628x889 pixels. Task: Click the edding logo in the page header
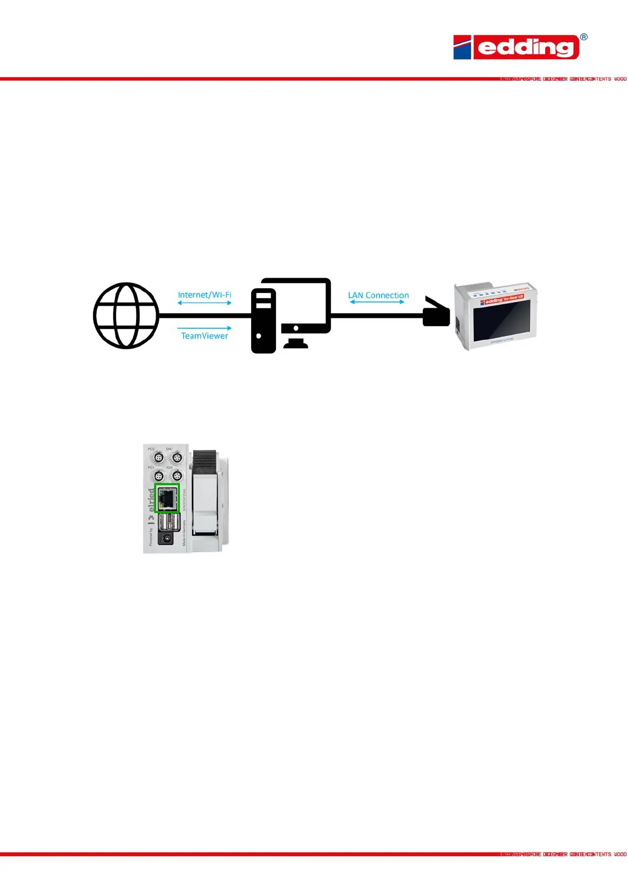pyautogui.click(x=516, y=47)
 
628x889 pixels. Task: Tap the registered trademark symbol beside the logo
pyautogui.click(x=584, y=37)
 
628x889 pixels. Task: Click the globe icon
pyautogui.click(x=126, y=316)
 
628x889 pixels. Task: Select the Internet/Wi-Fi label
pyautogui.click(x=204, y=295)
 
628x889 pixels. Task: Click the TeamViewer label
pyautogui.click(x=204, y=336)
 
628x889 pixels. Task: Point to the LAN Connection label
pyautogui.click(x=378, y=295)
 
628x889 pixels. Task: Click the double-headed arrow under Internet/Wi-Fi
pyautogui.click(x=204, y=303)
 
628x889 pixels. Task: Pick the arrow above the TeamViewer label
pyautogui.click(x=204, y=328)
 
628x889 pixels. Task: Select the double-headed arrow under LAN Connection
pyautogui.click(x=377, y=302)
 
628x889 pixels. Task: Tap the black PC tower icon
pyautogui.click(x=263, y=321)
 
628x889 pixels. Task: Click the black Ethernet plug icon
pyautogui.click(x=436, y=313)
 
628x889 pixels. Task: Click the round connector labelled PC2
pyautogui.click(x=158, y=458)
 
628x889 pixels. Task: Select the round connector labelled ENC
pyautogui.click(x=177, y=458)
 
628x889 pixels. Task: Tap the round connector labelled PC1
pyautogui.click(x=158, y=476)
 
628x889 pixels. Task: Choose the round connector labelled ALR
pyautogui.click(x=177, y=476)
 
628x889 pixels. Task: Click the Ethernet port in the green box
pyautogui.click(x=167, y=498)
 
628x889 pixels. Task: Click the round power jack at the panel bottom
pyautogui.click(x=167, y=538)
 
